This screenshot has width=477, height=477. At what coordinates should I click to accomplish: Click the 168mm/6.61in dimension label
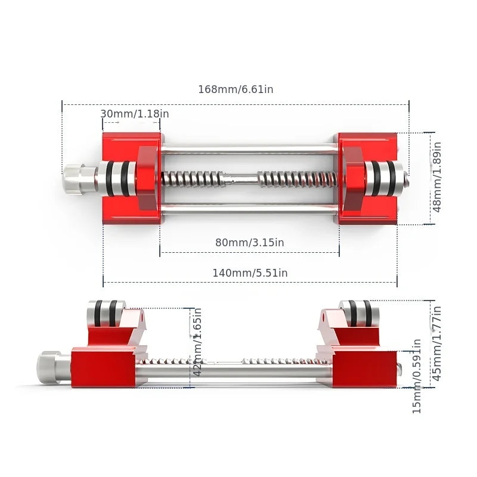coord(236,89)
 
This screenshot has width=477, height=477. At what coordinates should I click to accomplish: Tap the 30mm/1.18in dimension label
coord(134,114)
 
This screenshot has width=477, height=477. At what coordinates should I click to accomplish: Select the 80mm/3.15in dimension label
coord(249,243)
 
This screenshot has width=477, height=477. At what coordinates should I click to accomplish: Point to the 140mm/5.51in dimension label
coord(250,272)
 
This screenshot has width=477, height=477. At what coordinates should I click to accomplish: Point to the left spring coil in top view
coord(192,178)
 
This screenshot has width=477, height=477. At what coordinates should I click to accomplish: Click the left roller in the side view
coord(106,312)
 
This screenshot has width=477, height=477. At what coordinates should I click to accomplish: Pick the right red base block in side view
coord(365,368)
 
